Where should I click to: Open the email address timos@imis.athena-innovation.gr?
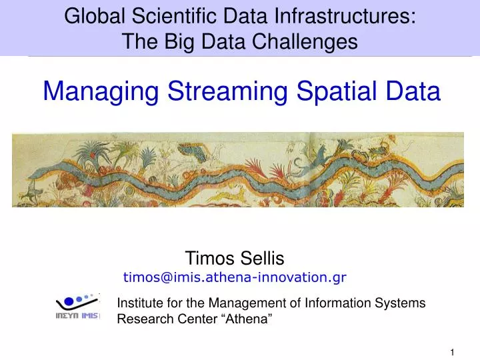tap(235, 276)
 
